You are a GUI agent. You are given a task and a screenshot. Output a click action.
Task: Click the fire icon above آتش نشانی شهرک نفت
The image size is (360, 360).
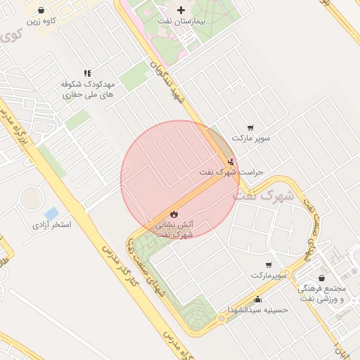pyautogui.click(x=174, y=213)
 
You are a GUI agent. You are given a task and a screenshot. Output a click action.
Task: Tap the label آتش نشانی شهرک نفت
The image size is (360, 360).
pyautogui.click(x=174, y=229)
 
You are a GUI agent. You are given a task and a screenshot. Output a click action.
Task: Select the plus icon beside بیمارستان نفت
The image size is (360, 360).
pyautogui.click(x=182, y=10)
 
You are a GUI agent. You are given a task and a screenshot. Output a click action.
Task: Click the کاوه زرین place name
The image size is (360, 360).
pyautogui.click(x=41, y=22)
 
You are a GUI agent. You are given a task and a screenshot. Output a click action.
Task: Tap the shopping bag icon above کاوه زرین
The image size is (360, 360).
pyautogui.click(x=41, y=11)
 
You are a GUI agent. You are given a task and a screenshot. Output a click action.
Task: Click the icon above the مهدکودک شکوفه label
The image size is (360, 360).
pyautogui.click(x=87, y=73)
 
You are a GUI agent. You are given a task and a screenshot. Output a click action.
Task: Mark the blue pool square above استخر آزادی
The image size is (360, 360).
pyautogui.click(x=51, y=213)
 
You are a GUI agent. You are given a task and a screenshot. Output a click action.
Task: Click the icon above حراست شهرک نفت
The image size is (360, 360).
pyautogui.click(x=231, y=162)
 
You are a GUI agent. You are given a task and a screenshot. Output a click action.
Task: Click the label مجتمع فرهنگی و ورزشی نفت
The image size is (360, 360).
pyautogui.click(x=322, y=294)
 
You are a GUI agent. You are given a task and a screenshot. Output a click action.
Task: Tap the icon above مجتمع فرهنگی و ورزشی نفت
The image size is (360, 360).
pyautogui.click(x=321, y=278)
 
